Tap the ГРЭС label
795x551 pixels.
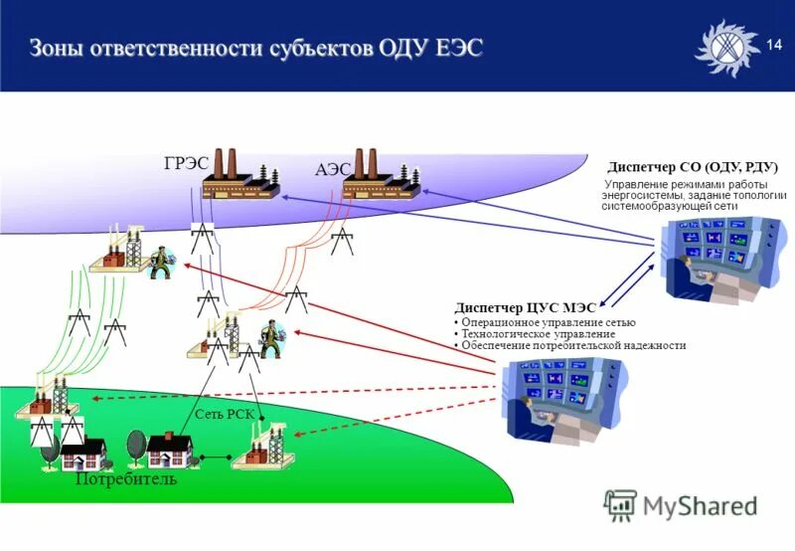(x=186, y=164)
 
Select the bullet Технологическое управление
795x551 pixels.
(x=538, y=334)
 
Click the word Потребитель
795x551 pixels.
(x=126, y=480)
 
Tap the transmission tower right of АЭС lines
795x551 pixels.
(x=342, y=241)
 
